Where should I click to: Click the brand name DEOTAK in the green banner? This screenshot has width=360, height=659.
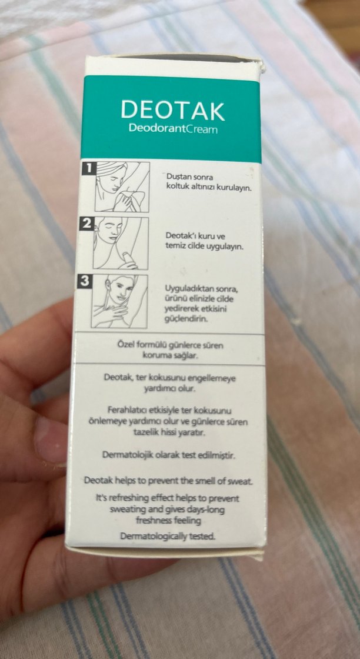click(172, 110)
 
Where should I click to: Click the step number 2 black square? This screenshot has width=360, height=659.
click(87, 224)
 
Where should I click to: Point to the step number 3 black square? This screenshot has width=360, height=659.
click(85, 281)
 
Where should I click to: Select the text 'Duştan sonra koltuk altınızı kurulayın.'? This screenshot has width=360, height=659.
click(201, 182)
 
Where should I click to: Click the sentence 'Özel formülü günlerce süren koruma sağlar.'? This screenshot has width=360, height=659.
click(171, 350)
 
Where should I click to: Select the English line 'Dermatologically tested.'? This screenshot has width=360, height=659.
click(168, 536)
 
